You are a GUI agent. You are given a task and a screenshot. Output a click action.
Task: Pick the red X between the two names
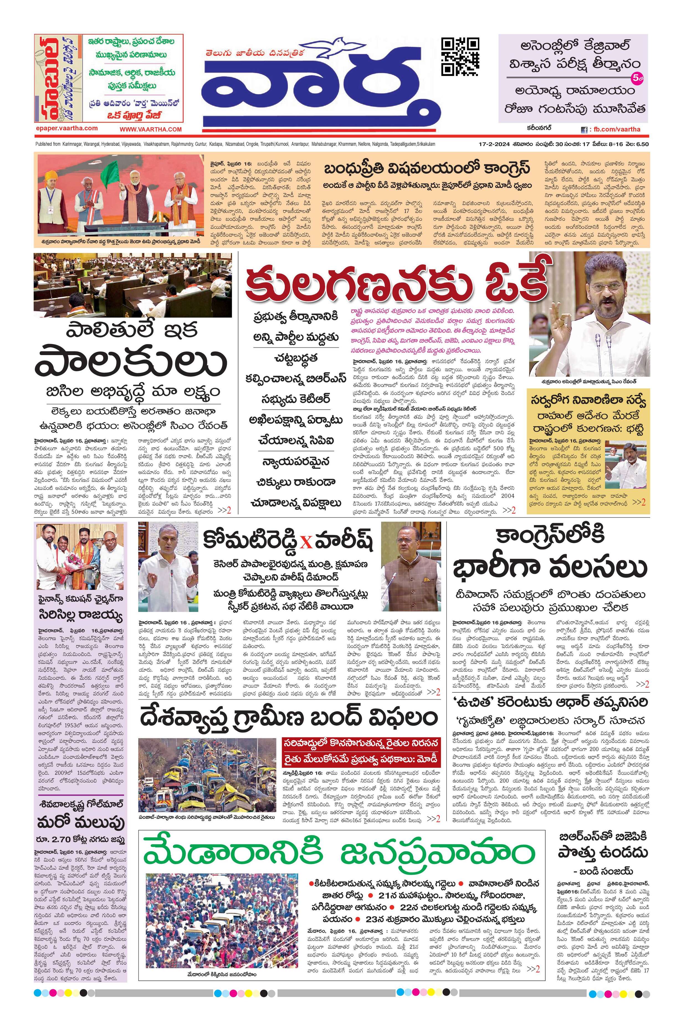(x=307, y=543)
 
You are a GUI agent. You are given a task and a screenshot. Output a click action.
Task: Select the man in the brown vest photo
(x=411, y=566)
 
